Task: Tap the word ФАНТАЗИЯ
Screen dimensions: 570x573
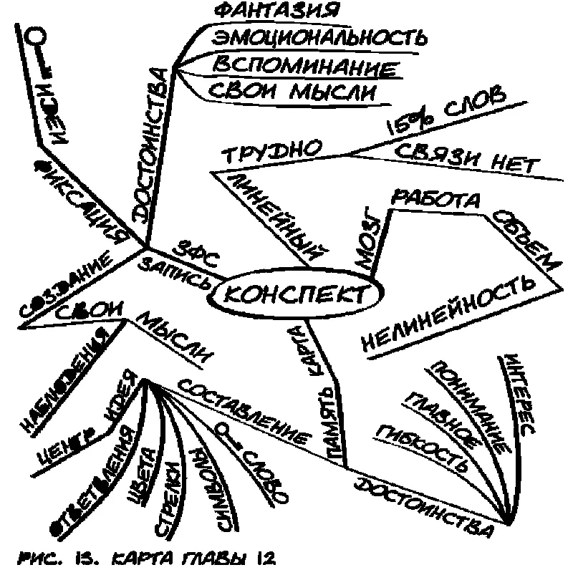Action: click(276, 11)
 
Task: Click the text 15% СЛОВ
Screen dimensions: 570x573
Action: click(445, 110)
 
